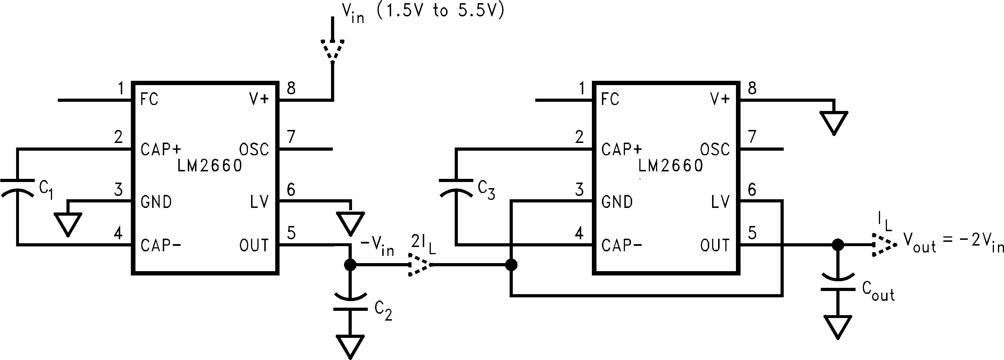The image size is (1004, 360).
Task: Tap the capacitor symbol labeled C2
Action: click(x=350, y=303)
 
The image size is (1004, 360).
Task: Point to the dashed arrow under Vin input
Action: click(x=332, y=49)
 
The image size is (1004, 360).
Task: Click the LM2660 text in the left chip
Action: click(x=210, y=166)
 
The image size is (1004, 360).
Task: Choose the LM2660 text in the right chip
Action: click(x=671, y=166)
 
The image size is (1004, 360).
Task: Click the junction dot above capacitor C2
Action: click(x=350, y=265)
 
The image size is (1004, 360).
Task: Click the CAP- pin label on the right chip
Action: click(x=622, y=246)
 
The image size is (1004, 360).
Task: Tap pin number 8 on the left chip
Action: click(x=291, y=89)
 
